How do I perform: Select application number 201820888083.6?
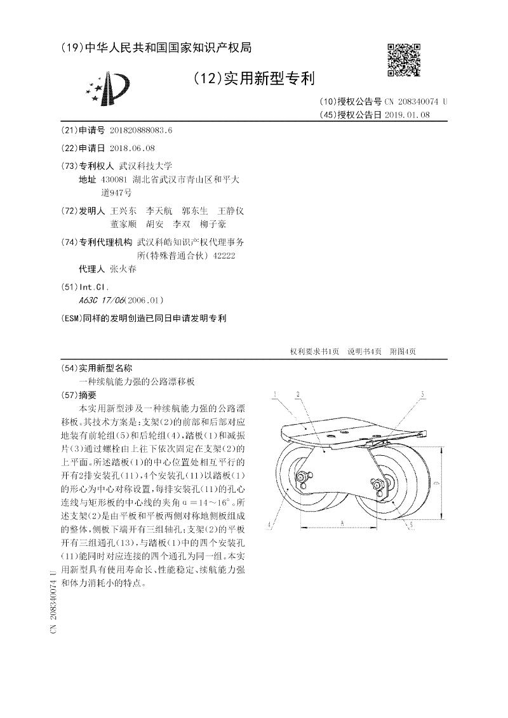click(x=141, y=130)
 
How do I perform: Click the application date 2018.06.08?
click(x=131, y=148)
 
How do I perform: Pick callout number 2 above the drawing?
click(x=297, y=395)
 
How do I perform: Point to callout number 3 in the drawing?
click(x=422, y=395)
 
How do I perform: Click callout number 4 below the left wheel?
click(x=270, y=524)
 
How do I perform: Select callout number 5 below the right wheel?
click(x=411, y=524)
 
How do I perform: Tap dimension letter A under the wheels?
click(x=342, y=522)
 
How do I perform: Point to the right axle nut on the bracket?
click(x=379, y=485)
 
